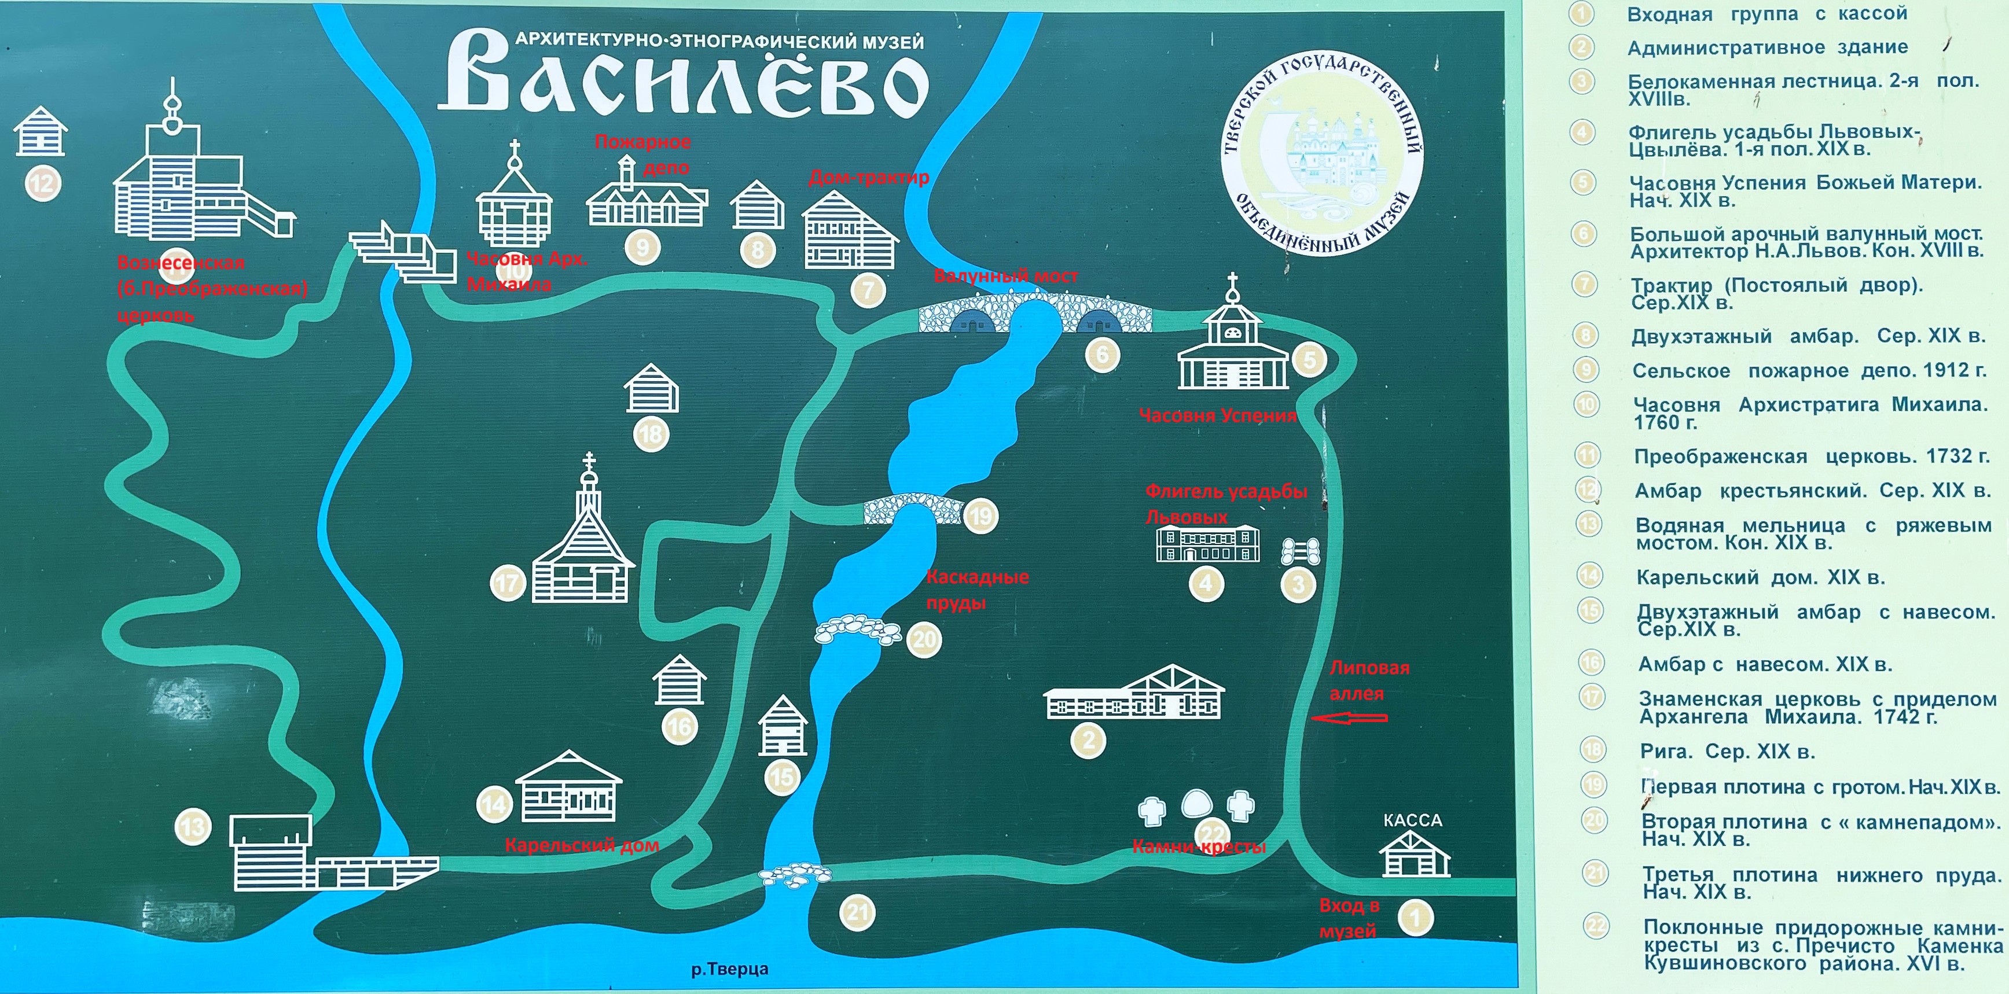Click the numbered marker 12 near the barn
tap(43, 184)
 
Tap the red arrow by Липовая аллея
tap(1349, 718)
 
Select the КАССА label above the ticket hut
tap(1412, 820)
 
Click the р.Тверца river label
tap(729, 969)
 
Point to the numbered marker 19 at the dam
tap(980, 516)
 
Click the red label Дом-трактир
tap(869, 178)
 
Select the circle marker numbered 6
tap(1103, 355)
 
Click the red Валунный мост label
tap(1006, 276)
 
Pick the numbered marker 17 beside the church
tap(507, 583)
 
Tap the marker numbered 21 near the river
tap(858, 912)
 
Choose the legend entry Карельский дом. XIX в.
tap(1760, 577)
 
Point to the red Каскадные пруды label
tap(976, 590)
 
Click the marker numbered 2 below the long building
tap(1089, 740)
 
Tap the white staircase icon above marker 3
tap(1300, 551)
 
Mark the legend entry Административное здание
tap(1767, 47)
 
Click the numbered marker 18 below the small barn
tap(651, 435)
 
